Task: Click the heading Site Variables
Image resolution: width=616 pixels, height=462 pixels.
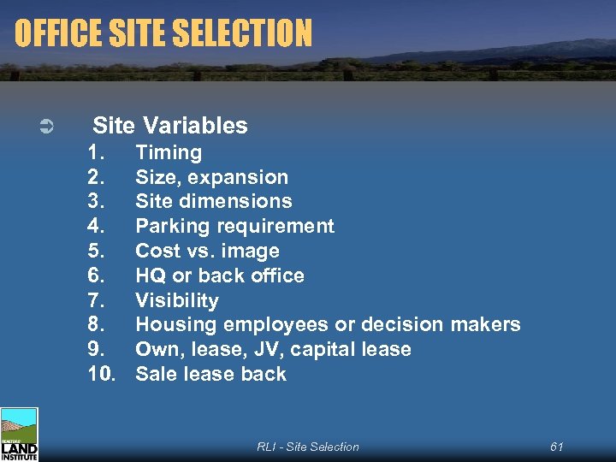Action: (170, 126)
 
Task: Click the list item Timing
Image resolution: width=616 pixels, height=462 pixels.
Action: (169, 153)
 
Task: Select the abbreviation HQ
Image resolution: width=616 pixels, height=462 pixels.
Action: (150, 275)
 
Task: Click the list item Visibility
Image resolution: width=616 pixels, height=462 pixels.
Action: (177, 300)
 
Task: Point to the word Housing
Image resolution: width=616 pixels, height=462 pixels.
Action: (176, 325)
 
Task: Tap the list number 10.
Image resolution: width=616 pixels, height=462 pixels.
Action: (103, 374)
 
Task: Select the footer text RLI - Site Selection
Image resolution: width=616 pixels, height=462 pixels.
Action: (308, 447)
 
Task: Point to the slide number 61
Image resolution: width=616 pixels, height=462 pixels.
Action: (557, 447)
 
